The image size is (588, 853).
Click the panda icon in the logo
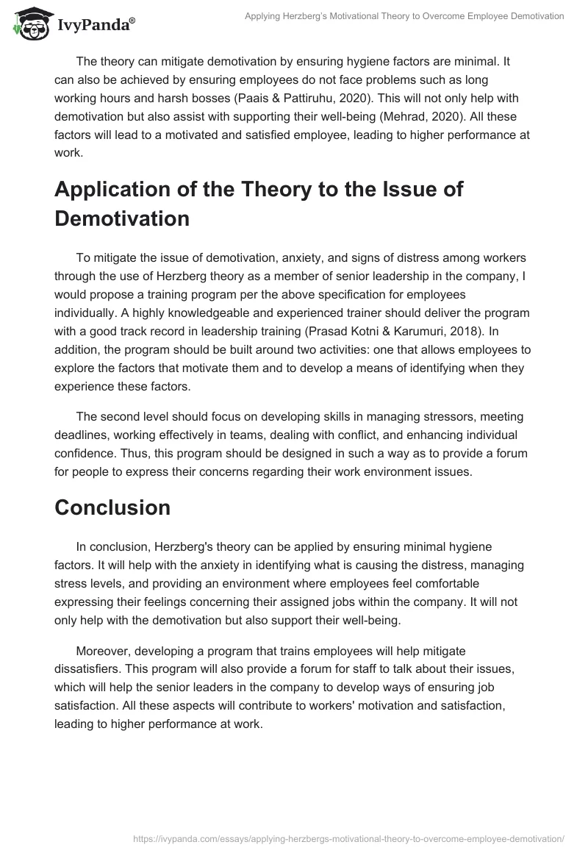[29, 24]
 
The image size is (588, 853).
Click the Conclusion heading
[112, 507]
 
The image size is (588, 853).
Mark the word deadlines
[80, 435]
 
